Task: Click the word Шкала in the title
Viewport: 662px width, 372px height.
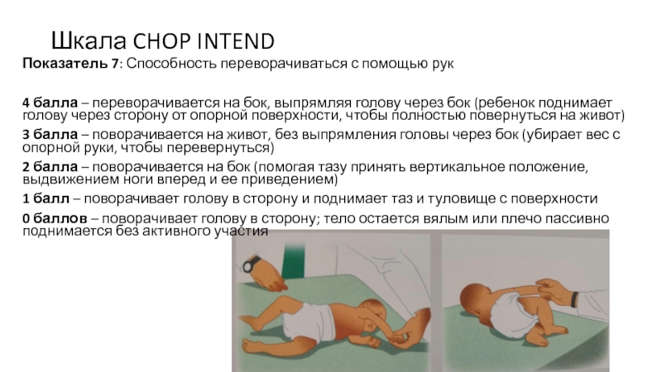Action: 89,41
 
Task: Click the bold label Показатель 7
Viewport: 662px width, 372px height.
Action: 71,64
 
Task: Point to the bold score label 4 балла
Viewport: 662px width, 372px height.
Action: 50,103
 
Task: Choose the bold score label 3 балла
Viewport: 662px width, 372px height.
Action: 50,135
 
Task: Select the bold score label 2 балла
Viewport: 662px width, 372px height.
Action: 50,167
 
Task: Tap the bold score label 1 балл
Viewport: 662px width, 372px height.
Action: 46,198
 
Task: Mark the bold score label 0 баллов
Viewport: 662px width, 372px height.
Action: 55,218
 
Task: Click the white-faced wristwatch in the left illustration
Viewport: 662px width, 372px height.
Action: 251,265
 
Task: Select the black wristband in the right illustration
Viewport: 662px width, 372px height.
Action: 574,298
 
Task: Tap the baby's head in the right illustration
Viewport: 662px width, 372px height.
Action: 476,302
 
